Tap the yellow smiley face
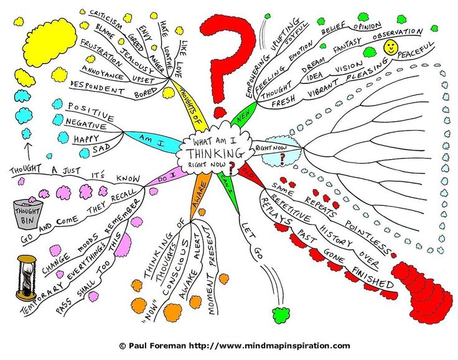[391, 47]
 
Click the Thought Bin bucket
[27, 213]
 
